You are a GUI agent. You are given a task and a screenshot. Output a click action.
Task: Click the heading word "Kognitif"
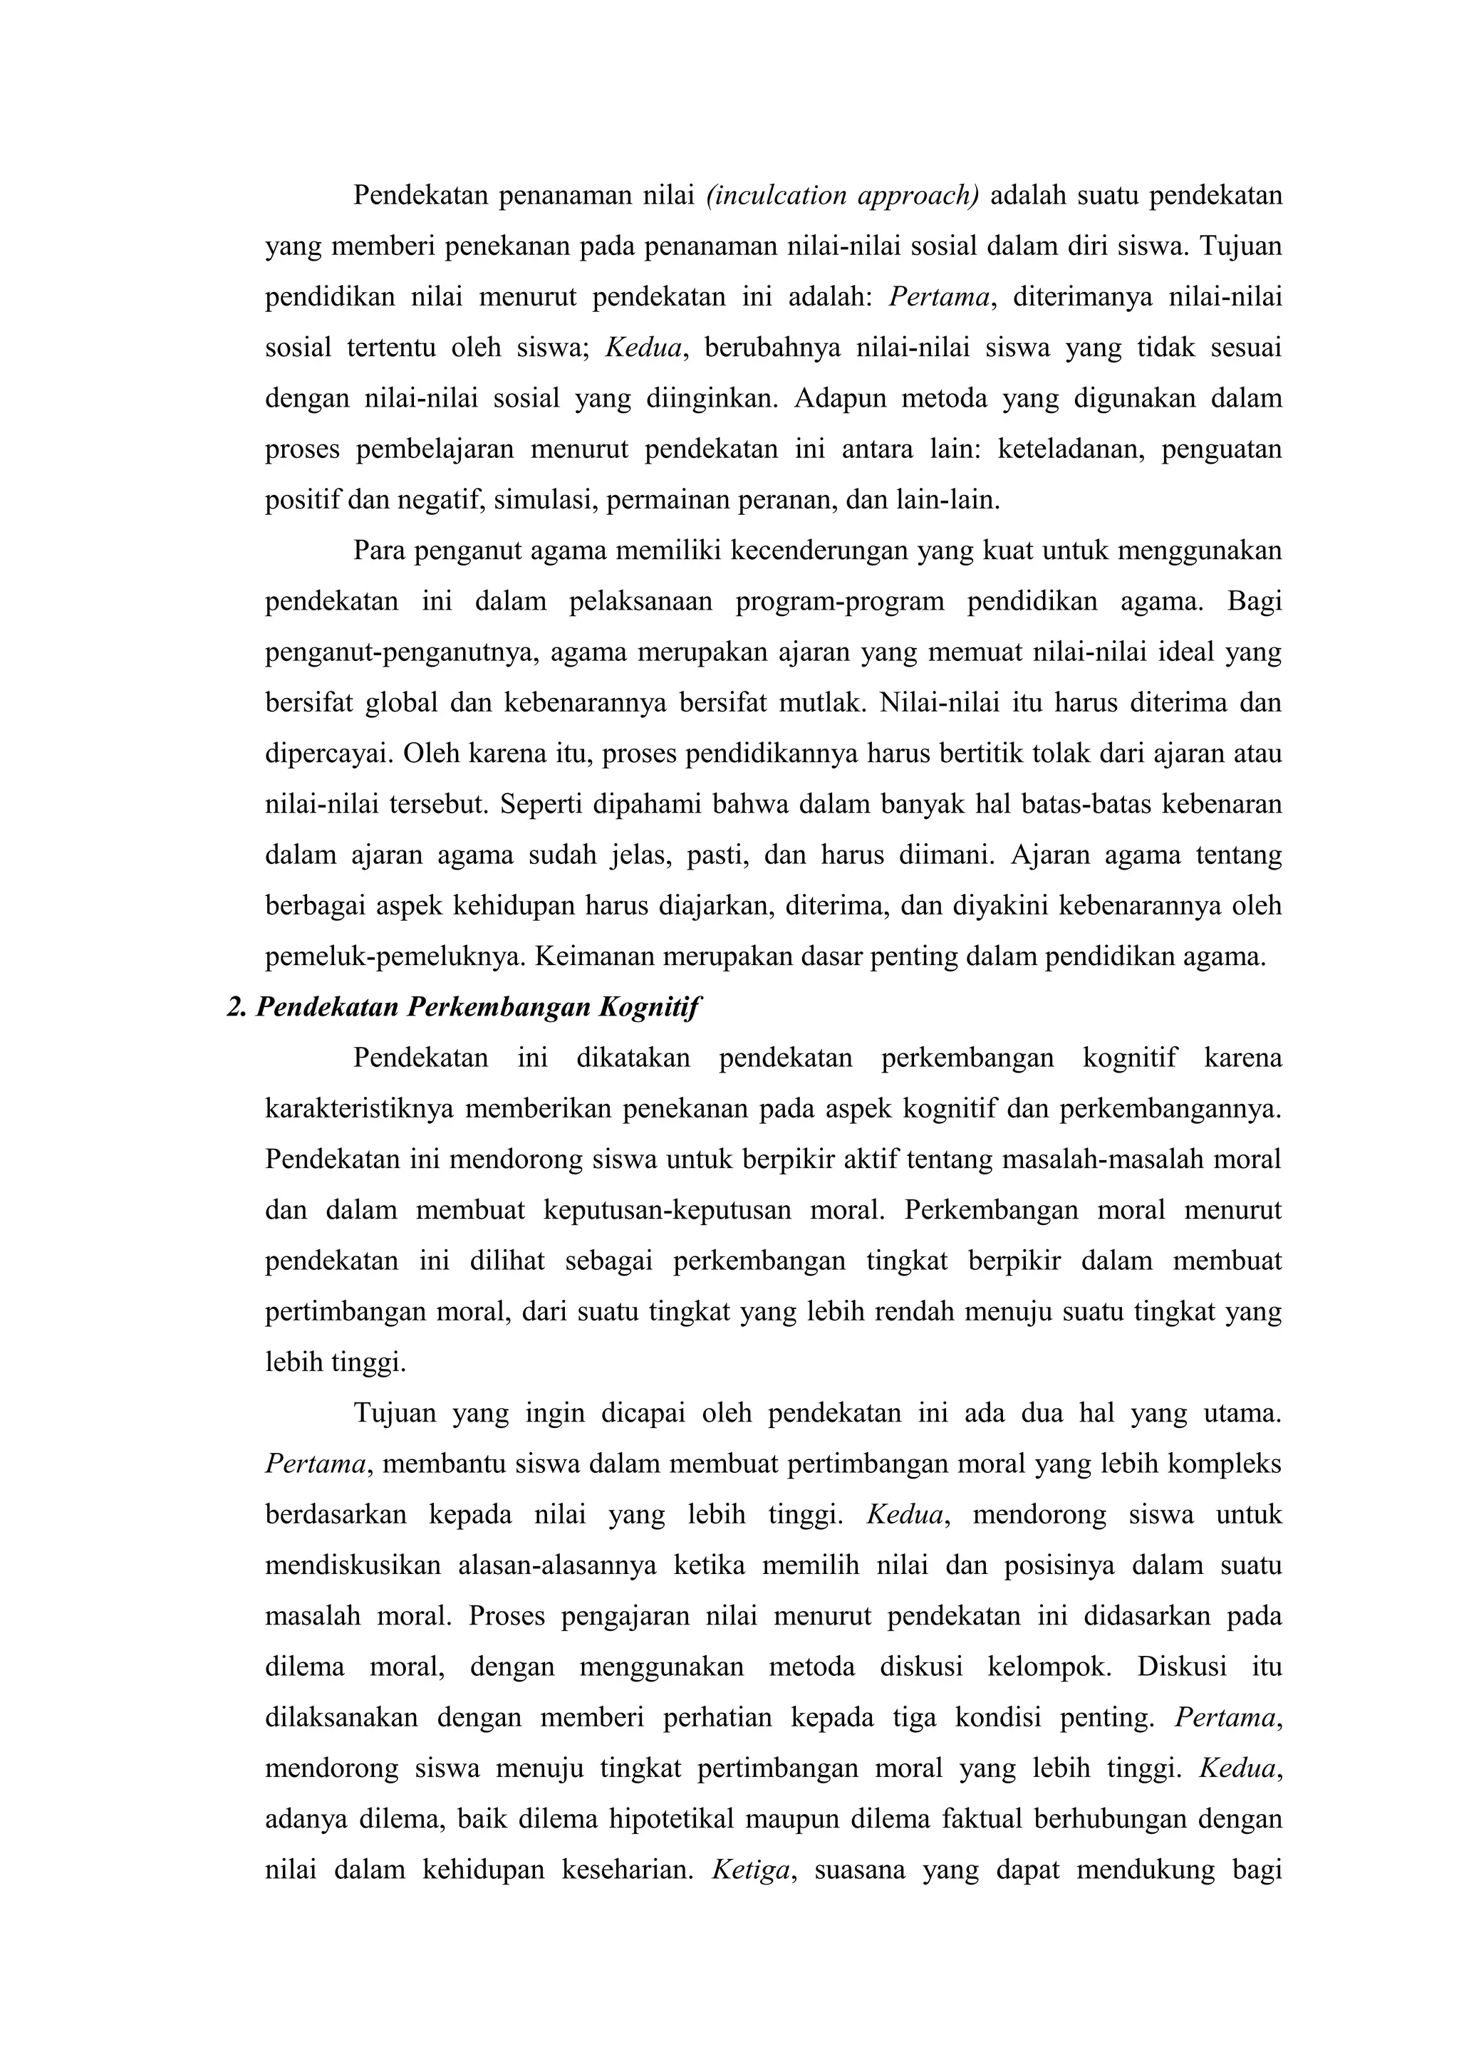pyautogui.click(x=648, y=1007)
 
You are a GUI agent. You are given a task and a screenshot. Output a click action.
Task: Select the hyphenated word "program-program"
pyautogui.click(x=840, y=601)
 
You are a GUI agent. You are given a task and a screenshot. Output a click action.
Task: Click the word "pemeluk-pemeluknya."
pyautogui.click(x=395, y=957)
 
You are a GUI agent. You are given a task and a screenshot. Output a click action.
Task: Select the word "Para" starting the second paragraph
pyautogui.click(x=378, y=550)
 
